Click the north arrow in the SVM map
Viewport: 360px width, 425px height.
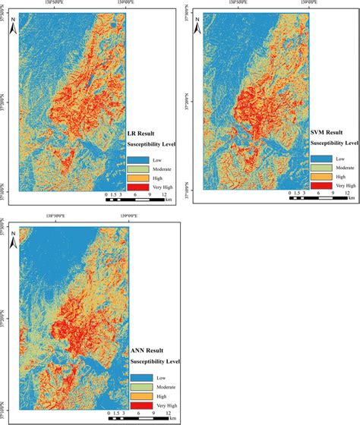point(197,27)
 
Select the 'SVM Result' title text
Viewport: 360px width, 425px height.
point(327,133)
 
